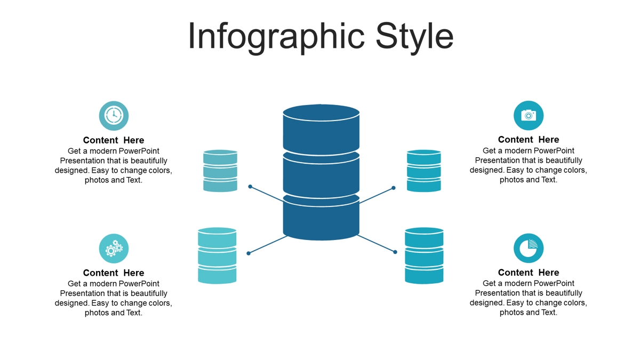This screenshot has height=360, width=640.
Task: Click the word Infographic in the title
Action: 276,37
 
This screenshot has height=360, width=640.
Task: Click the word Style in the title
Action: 414,37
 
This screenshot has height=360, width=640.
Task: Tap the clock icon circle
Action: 114,116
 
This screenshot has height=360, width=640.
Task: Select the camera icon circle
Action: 529,115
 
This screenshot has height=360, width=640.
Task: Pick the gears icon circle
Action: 114,249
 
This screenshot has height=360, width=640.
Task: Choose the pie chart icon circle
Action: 529,249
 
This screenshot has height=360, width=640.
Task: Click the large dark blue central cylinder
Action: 321,172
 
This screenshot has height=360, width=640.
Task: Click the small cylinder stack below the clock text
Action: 220,171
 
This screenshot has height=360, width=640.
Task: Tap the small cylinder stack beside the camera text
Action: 423,171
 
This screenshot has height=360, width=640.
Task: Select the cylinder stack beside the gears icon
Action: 217,255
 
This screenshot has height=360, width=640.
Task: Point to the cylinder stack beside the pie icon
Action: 424,255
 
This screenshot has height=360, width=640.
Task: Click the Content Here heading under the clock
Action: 114,140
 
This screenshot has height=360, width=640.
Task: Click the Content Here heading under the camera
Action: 529,140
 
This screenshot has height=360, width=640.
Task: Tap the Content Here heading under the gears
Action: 114,273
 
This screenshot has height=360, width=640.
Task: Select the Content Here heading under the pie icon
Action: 529,273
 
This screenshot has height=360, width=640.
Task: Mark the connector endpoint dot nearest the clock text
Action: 250,187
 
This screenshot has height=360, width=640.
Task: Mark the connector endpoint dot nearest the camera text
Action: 394,188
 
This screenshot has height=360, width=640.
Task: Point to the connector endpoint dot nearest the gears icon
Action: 249,253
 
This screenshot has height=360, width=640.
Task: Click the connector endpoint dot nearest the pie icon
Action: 395,252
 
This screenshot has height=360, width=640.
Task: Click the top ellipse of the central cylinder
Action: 321,113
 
